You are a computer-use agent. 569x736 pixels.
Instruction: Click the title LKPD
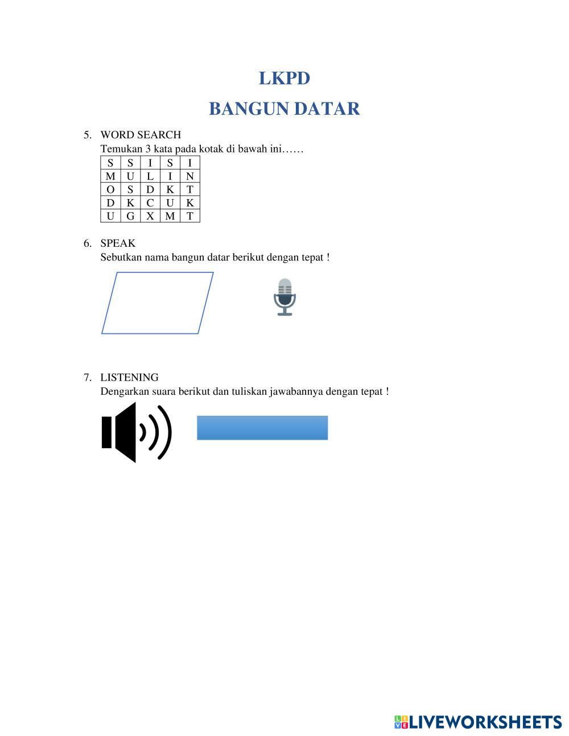point(284,78)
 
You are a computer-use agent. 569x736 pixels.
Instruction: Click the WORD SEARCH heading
point(141,135)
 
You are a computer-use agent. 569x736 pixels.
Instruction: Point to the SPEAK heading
point(118,243)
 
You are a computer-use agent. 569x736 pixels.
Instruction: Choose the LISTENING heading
point(129,378)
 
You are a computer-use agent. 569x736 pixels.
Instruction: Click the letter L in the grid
point(150,176)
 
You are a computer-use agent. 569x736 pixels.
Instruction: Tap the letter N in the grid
point(190,176)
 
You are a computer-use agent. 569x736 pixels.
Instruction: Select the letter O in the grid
point(110,189)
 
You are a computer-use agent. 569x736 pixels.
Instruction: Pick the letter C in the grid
point(150,202)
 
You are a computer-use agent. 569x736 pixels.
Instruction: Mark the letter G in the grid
point(130,216)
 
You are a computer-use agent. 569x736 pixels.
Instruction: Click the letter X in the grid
point(150,216)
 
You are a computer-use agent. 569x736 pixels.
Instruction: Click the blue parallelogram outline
point(158,273)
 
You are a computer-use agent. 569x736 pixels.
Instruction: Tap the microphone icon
point(284,297)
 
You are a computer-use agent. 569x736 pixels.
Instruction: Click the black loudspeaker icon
point(136,432)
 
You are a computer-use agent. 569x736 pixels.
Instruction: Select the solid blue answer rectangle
point(262,428)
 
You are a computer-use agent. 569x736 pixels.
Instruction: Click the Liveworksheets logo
point(478,722)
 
